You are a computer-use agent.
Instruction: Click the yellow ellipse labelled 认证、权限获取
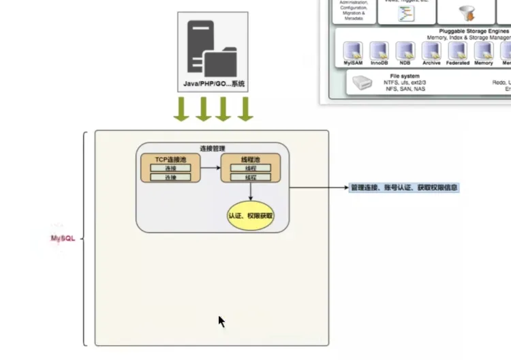[x=251, y=215]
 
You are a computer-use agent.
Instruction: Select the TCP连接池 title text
[x=170, y=160]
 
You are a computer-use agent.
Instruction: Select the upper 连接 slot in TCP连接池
[x=170, y=168]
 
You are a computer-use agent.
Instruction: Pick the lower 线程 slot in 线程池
[x=250, y=177]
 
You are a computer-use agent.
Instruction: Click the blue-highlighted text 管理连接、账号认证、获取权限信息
[x=404, y=187]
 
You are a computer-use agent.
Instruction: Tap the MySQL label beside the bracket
[x=63, y=239]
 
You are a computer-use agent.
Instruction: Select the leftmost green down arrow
[x=181, y=109]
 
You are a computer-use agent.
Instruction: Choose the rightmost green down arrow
[x=245, y=109]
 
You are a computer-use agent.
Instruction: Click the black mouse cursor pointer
[x=221, y=321]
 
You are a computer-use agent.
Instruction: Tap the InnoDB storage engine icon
[x=379, y=50]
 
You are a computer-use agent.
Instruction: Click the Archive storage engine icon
[x=431, y=50]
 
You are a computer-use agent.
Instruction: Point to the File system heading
[x=405, y=76]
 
